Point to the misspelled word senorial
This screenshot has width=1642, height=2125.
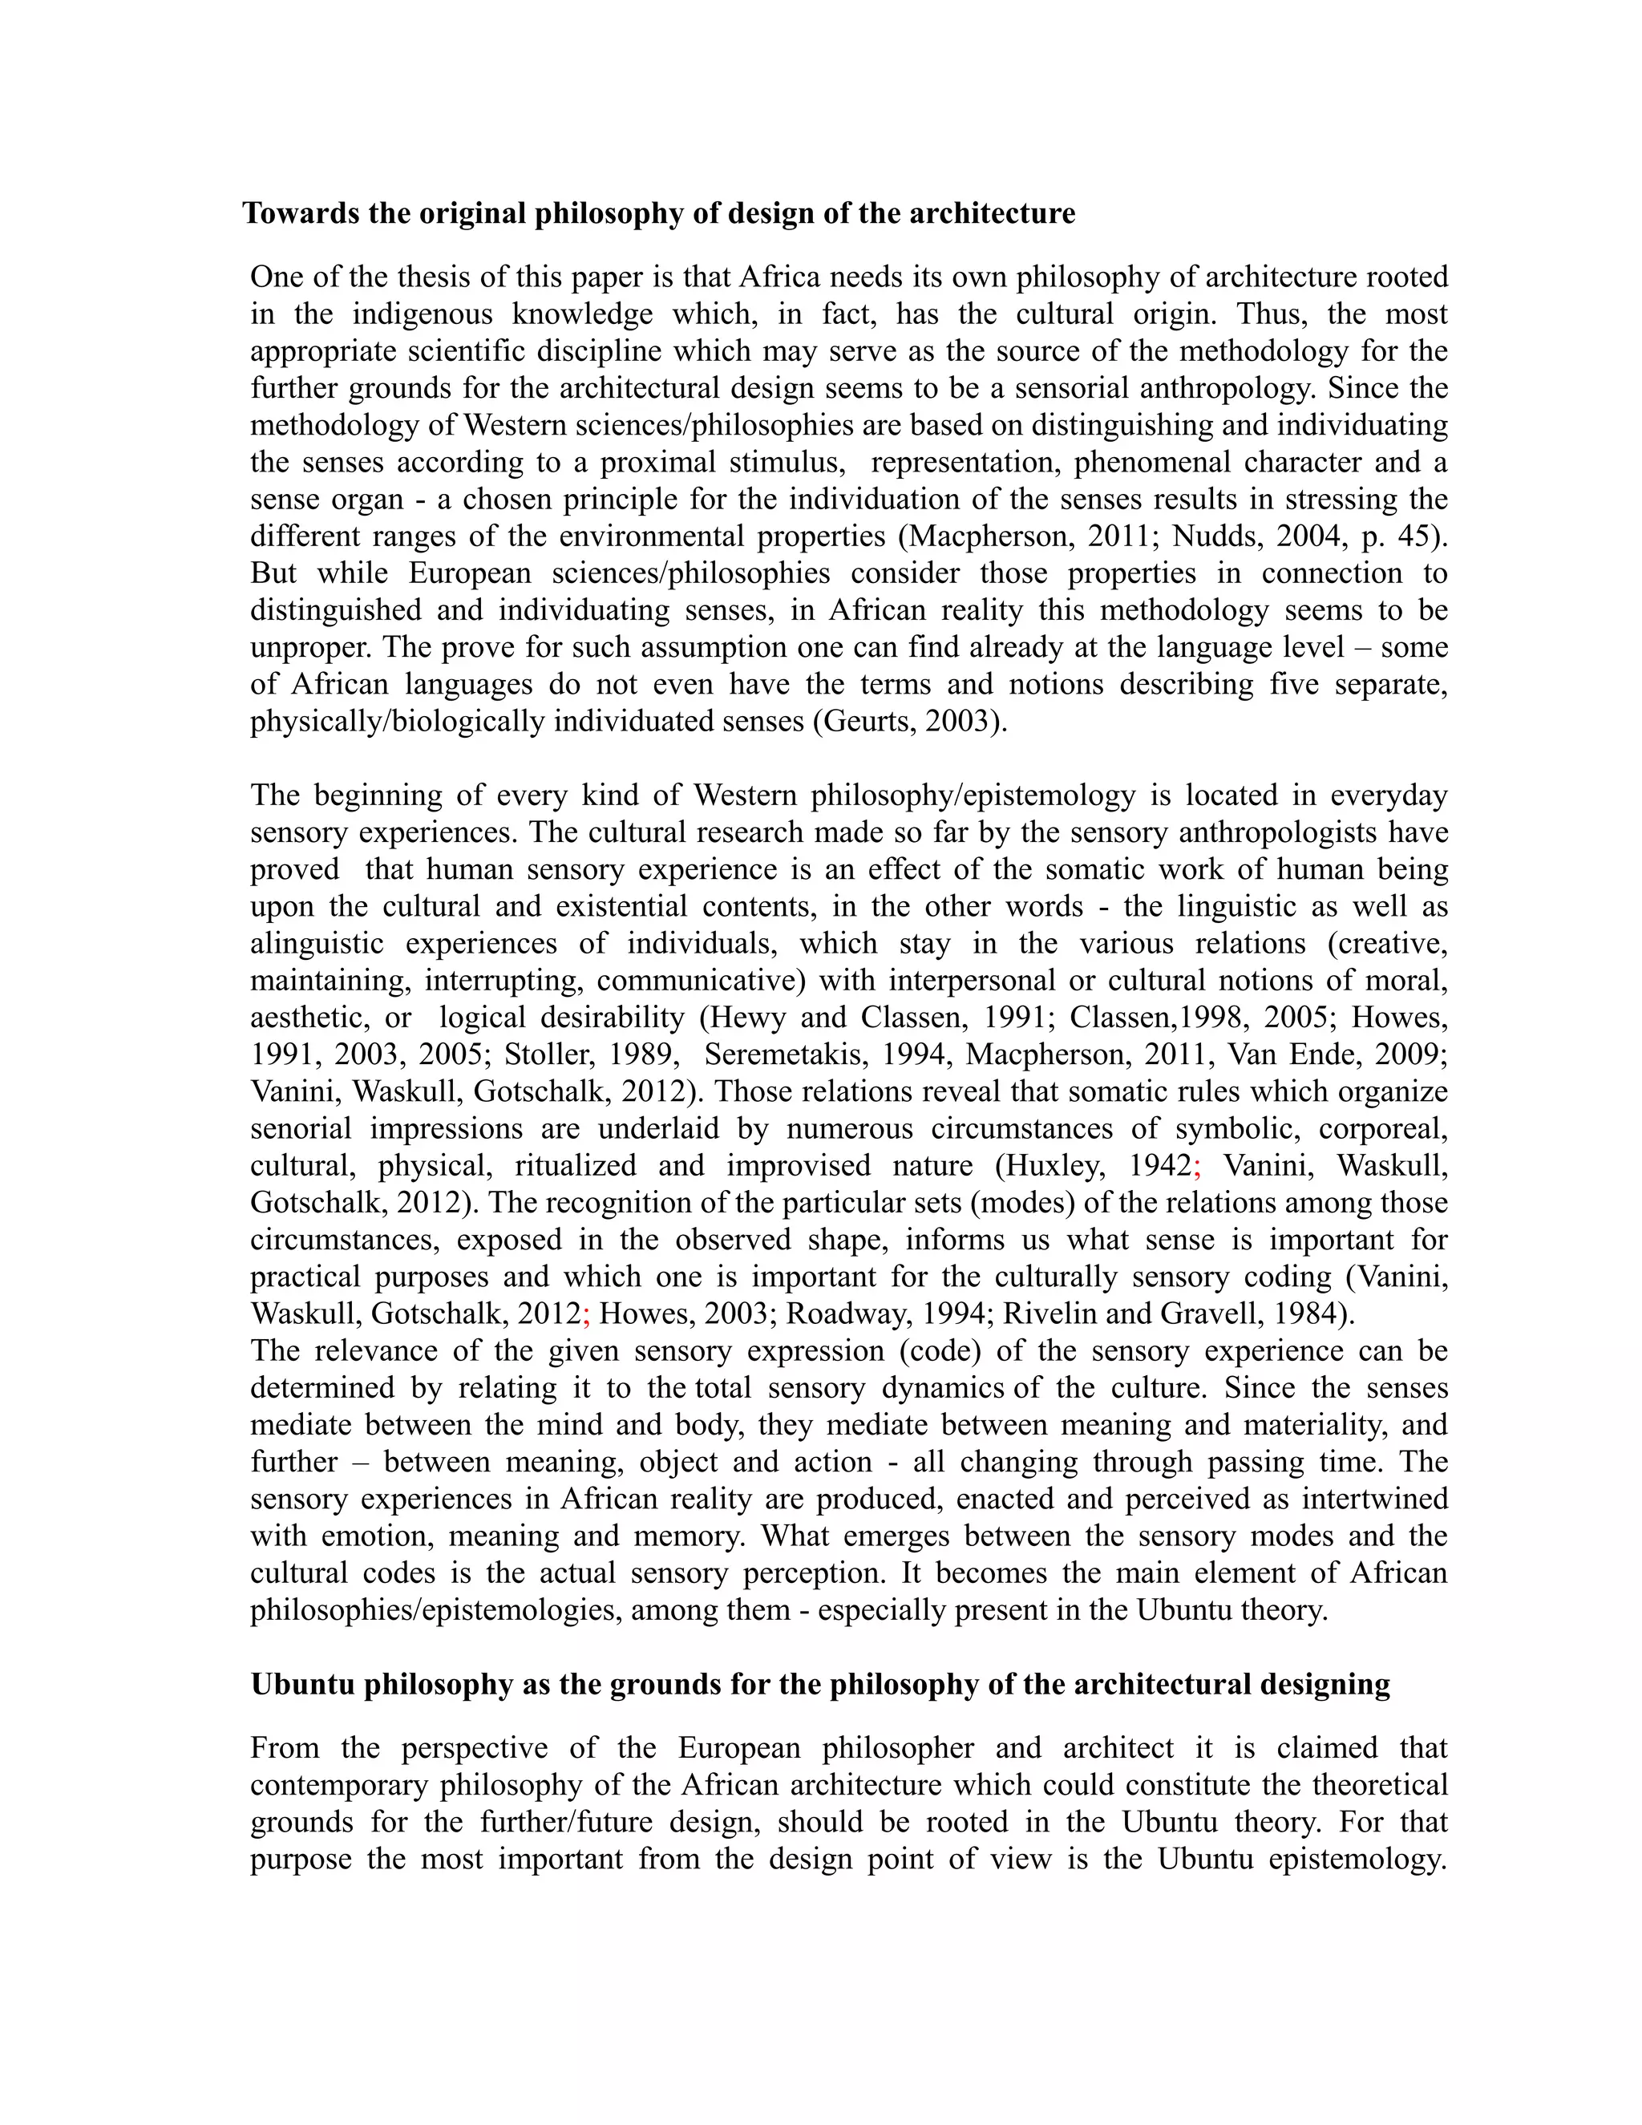coord(301,1129)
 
